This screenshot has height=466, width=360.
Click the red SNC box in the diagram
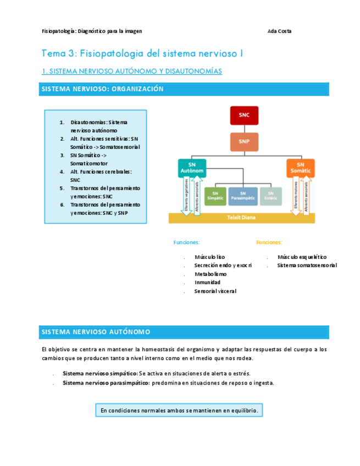pyautogui.click(x=243, y=115)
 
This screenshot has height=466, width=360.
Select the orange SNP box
pyautogui.click(x=243, y=142)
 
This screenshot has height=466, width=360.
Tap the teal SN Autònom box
pyautogui.click(x=192, y=168)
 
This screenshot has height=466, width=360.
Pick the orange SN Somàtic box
pyautogui.click(x=300, y=168)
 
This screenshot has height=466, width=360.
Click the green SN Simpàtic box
pyautogui.click(x=215, y=196)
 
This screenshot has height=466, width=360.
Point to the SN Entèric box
pyautogui.click(x=270, y=196)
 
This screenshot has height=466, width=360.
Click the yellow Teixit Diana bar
pyautogui.click(x=242, y=218)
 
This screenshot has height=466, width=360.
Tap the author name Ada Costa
pyautogui.click(x=279, y=31)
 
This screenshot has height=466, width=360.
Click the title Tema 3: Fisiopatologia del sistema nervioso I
pyautogui.click(x=142, y=54)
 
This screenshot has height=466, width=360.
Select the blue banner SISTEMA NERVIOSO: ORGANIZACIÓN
pyautogui.click(x=184, y=89)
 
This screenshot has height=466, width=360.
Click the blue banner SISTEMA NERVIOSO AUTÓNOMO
pyautogui.click(x=184, y=332)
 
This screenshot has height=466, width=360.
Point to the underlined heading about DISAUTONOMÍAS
pyautogui.click(x=132, y=71)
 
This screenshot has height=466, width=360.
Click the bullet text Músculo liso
pyautogui.click(x=209, y=257)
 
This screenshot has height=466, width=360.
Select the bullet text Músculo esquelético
pyautogui.click(x=302, y=257)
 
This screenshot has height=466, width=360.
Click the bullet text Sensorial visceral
pyautogui.click(x=215, y=291)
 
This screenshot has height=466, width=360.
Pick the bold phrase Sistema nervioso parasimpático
pyautogui.click(x=106, y=383)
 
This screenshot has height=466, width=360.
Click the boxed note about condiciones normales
pyautogui.click(x=179, y=410)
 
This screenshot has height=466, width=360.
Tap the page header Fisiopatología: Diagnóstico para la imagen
pyautogui.click(x=92, y=31)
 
